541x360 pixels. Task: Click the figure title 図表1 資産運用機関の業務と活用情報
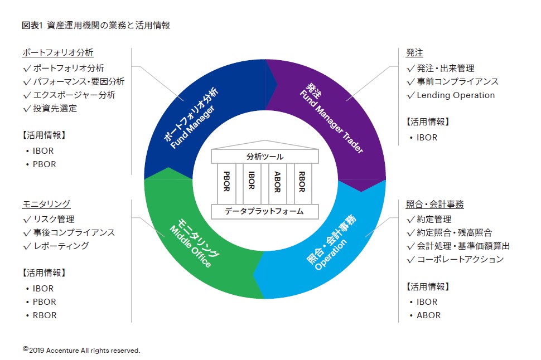point(95,25)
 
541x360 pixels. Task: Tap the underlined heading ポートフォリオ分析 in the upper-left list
point(57,53)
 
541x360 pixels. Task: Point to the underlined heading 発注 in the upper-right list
point(414,53)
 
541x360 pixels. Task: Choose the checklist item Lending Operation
point(455,95)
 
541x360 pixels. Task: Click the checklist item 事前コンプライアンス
point(457,81)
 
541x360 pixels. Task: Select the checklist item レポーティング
point(60,246)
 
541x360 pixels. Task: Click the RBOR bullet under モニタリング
point(44,315)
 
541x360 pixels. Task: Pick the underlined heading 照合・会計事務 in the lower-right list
point(434,204)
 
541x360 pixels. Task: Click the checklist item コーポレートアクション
point(460,259)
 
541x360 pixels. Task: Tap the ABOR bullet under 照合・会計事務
point(428,315)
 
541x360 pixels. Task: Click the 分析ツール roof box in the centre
point(265,157)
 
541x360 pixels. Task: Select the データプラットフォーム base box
point(265,211)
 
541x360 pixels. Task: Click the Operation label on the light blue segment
point(331,255)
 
